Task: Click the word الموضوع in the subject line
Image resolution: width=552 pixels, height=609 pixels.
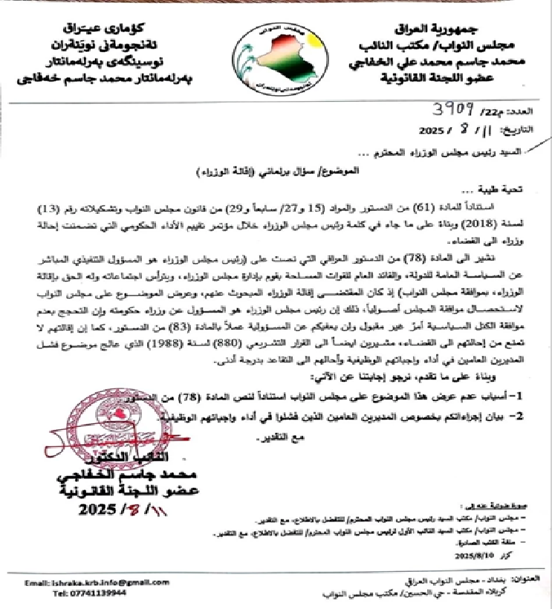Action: [x=340, y=171]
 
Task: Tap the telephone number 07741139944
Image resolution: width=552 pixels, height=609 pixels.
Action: [x=82, y=593]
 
